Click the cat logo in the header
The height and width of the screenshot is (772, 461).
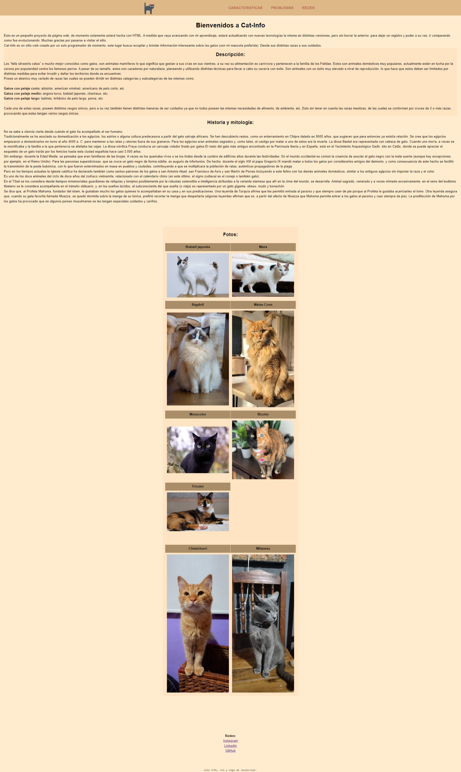[149, 8]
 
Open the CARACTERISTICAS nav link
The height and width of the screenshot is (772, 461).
[245, 8]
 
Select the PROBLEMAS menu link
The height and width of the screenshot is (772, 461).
[282, 8]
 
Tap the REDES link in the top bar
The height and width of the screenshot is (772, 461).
[308, 8]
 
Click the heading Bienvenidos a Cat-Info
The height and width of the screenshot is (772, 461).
[230, 25]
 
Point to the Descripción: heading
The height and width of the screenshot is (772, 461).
[230, 55]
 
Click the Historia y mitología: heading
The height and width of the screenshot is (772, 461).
[230, 122]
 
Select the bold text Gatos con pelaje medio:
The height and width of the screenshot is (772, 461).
[23, 94]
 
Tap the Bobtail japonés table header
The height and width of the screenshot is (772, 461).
[198, 247]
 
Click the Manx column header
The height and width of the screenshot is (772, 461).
[263, 247]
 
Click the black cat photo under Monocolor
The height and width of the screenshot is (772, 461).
[198, 450]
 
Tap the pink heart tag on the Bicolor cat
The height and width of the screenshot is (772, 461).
[262, 460]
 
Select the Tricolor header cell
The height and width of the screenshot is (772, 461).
[198, 486]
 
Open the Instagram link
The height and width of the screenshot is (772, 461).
[230, 741]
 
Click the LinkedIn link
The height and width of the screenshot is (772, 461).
[230, 746]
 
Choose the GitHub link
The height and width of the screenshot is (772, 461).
[230, 751]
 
